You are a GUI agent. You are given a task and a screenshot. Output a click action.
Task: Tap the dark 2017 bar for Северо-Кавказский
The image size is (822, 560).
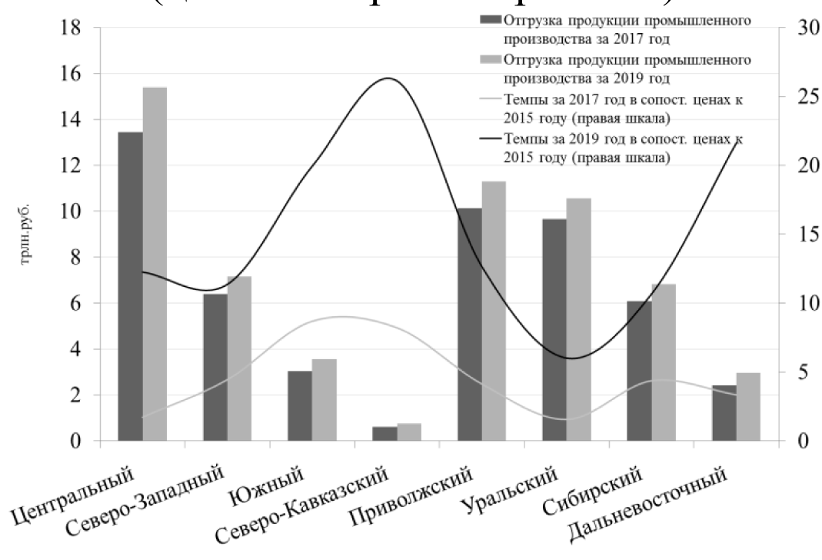(384, 434)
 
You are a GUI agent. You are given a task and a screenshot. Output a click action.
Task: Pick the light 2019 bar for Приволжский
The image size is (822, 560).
(494, 311)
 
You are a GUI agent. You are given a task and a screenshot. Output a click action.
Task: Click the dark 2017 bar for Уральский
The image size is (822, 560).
(554, 330)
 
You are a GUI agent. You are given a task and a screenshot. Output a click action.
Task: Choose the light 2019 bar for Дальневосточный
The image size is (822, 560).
(748, 407)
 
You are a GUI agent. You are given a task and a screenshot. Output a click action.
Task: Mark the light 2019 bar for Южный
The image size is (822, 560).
(324, 400)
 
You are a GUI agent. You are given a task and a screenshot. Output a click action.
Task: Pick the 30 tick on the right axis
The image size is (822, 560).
(799, 28)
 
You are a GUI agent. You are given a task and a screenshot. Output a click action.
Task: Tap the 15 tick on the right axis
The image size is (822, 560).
(799, 235)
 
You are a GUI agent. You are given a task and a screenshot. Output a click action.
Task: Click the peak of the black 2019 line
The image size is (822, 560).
(388, 78)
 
